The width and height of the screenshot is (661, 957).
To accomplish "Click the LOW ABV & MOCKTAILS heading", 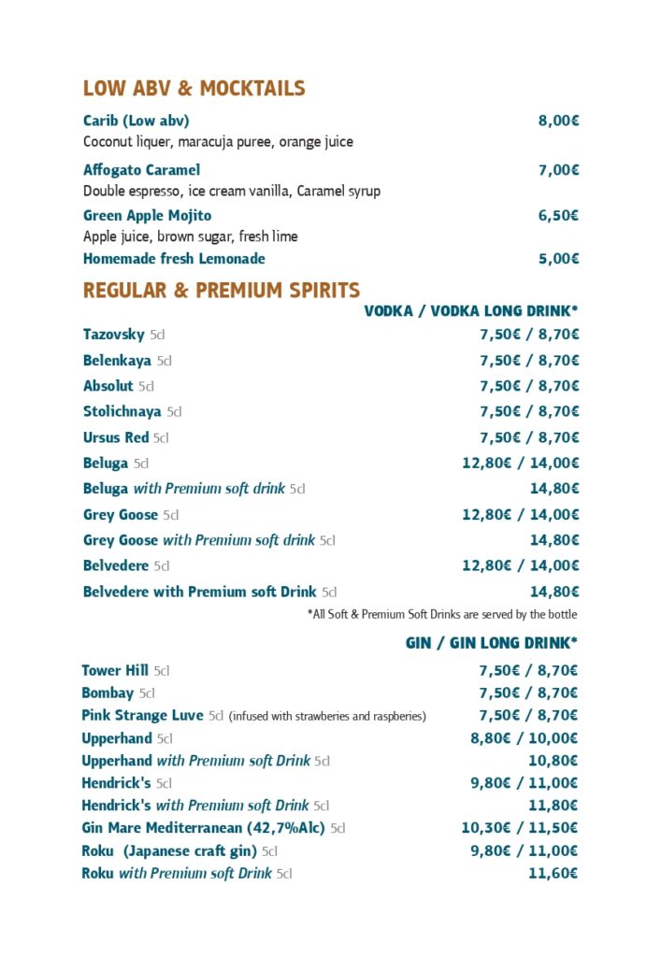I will (194, 89).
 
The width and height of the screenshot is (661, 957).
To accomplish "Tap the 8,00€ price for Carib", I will (558, 121).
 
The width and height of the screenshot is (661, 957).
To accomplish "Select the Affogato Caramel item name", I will (141, 170).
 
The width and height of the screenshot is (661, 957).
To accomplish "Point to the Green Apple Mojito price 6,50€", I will (558, 216).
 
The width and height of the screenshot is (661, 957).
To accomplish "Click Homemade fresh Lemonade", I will (174, 259).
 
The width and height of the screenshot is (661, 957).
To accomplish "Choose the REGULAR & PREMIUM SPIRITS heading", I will (222, 291).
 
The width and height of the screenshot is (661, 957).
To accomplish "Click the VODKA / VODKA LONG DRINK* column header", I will (470, 311).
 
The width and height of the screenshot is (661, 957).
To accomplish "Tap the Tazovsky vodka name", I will (114, 335).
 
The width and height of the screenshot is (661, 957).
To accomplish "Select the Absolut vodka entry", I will (108, 386).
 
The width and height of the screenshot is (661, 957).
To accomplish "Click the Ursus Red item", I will (116, 437).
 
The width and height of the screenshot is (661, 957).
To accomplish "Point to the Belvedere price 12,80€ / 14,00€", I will (520, 565).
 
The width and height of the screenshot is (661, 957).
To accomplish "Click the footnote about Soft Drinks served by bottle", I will (441, 614).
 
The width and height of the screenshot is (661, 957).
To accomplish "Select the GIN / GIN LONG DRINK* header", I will (491, 643).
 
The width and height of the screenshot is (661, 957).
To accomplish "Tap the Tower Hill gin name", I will (115, 670).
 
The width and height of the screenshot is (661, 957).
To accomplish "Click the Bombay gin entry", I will (108, 693).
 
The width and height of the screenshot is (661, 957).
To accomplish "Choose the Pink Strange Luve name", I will (142, 716).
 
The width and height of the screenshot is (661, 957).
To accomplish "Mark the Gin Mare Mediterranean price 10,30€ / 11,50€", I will (519, 828).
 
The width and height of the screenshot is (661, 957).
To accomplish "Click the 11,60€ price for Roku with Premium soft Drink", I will (553, 874).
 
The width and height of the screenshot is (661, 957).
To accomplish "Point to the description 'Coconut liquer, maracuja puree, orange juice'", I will (218, 142).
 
